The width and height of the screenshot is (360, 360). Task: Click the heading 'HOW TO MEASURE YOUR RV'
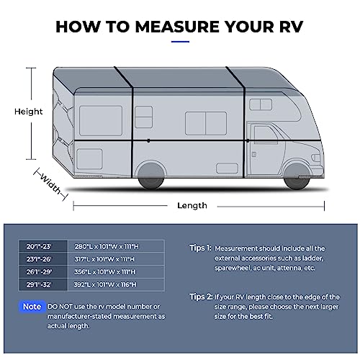[x=179, y=27]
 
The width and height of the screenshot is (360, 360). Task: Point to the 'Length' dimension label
[x=192, y=205]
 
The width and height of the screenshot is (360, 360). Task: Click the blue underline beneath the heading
[x=180, y=41]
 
